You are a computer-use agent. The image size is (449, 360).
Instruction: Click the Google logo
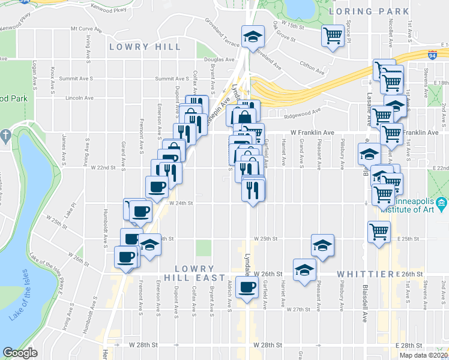(x=20, y=353)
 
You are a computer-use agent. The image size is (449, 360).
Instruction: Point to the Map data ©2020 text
(x=423, y=355)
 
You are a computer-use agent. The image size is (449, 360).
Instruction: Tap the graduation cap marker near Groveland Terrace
(x=253, y=37)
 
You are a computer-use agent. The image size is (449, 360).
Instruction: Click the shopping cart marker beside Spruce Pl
(x=333, y=35)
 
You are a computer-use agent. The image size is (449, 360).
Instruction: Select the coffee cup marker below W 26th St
(x=247, y=287)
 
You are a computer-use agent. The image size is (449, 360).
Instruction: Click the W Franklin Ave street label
(x=312, y=133)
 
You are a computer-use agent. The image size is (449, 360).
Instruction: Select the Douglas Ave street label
(x=218, y=59)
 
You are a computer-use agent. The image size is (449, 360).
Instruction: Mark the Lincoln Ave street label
(x=66, y=97)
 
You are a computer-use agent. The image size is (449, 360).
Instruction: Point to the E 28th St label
(x=411, y=346)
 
